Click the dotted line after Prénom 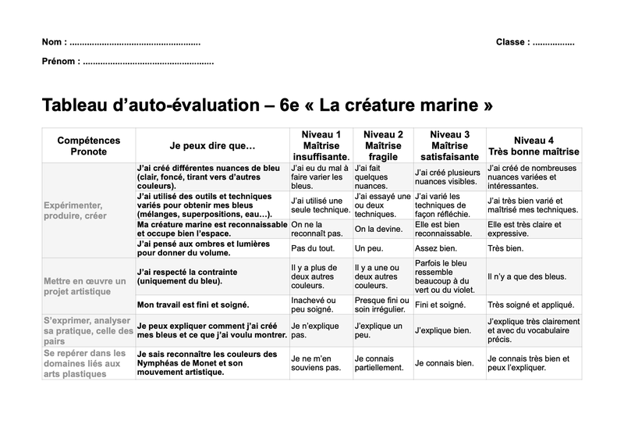(147, 61)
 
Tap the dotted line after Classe (553, 42)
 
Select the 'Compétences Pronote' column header (89, 146)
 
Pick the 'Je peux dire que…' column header (212, 146)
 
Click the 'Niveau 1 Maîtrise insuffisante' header (321, 146)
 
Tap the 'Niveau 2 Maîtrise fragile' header (383, 146)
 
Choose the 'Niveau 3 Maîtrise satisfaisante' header (449, 146)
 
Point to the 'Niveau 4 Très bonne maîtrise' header (534, 146)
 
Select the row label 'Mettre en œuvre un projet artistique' (85, 286)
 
